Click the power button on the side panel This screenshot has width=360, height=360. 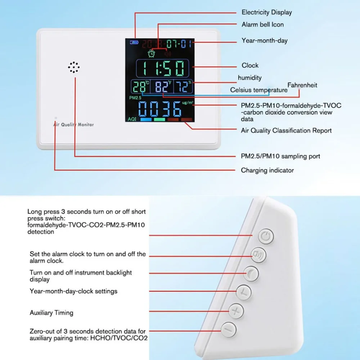(266, 236)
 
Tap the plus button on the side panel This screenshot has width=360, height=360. (235, 311)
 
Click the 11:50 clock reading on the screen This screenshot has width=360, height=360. (163, 68)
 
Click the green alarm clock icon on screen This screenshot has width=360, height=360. (152, 53)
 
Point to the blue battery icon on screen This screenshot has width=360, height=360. (134, 42)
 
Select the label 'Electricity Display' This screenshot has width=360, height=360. (266, 13)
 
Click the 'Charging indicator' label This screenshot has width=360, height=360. (267, 170)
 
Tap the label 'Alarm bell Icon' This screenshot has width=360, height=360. (262, 25)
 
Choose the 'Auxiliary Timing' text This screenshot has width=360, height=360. (51, 313)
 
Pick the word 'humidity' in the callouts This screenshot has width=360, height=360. (249, 78)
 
